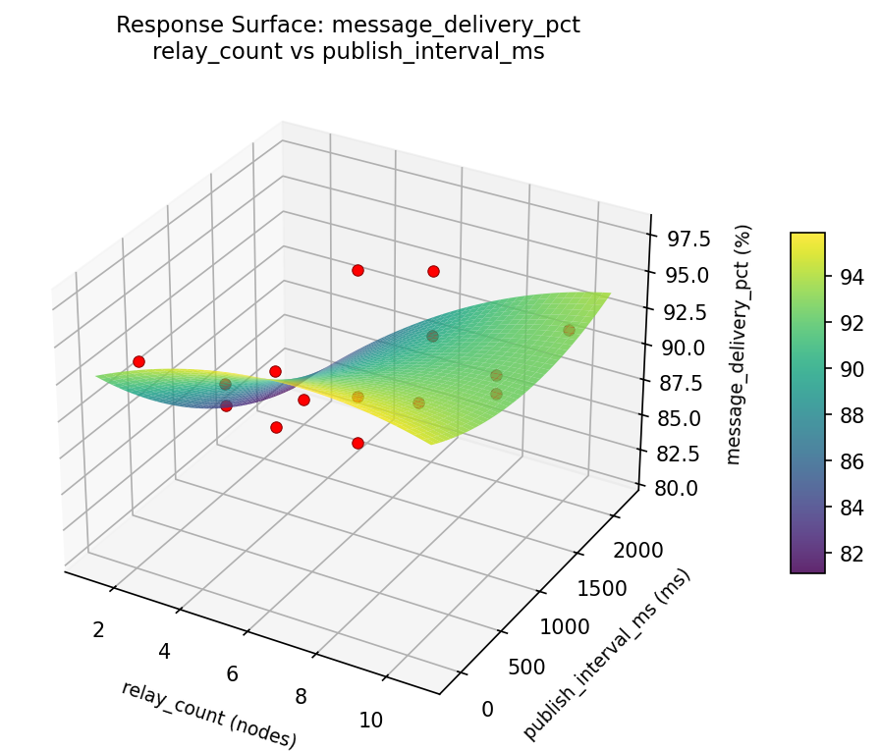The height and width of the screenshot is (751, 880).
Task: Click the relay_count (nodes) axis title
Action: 208,714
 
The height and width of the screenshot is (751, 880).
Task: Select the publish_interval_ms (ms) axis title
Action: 607,655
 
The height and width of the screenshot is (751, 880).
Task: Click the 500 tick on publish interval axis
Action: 528,668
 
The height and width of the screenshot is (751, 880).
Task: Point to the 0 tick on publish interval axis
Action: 488,709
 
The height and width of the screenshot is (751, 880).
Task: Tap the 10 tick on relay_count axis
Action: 371,720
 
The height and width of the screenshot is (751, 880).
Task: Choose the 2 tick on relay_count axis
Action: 98,629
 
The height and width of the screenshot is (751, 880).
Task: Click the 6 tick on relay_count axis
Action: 232,673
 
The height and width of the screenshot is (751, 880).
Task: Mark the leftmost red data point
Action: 138,361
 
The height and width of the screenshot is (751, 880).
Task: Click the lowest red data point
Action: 357,443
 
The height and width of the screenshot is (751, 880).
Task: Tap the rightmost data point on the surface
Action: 569,330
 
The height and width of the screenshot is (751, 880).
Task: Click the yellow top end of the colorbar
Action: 807,238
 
